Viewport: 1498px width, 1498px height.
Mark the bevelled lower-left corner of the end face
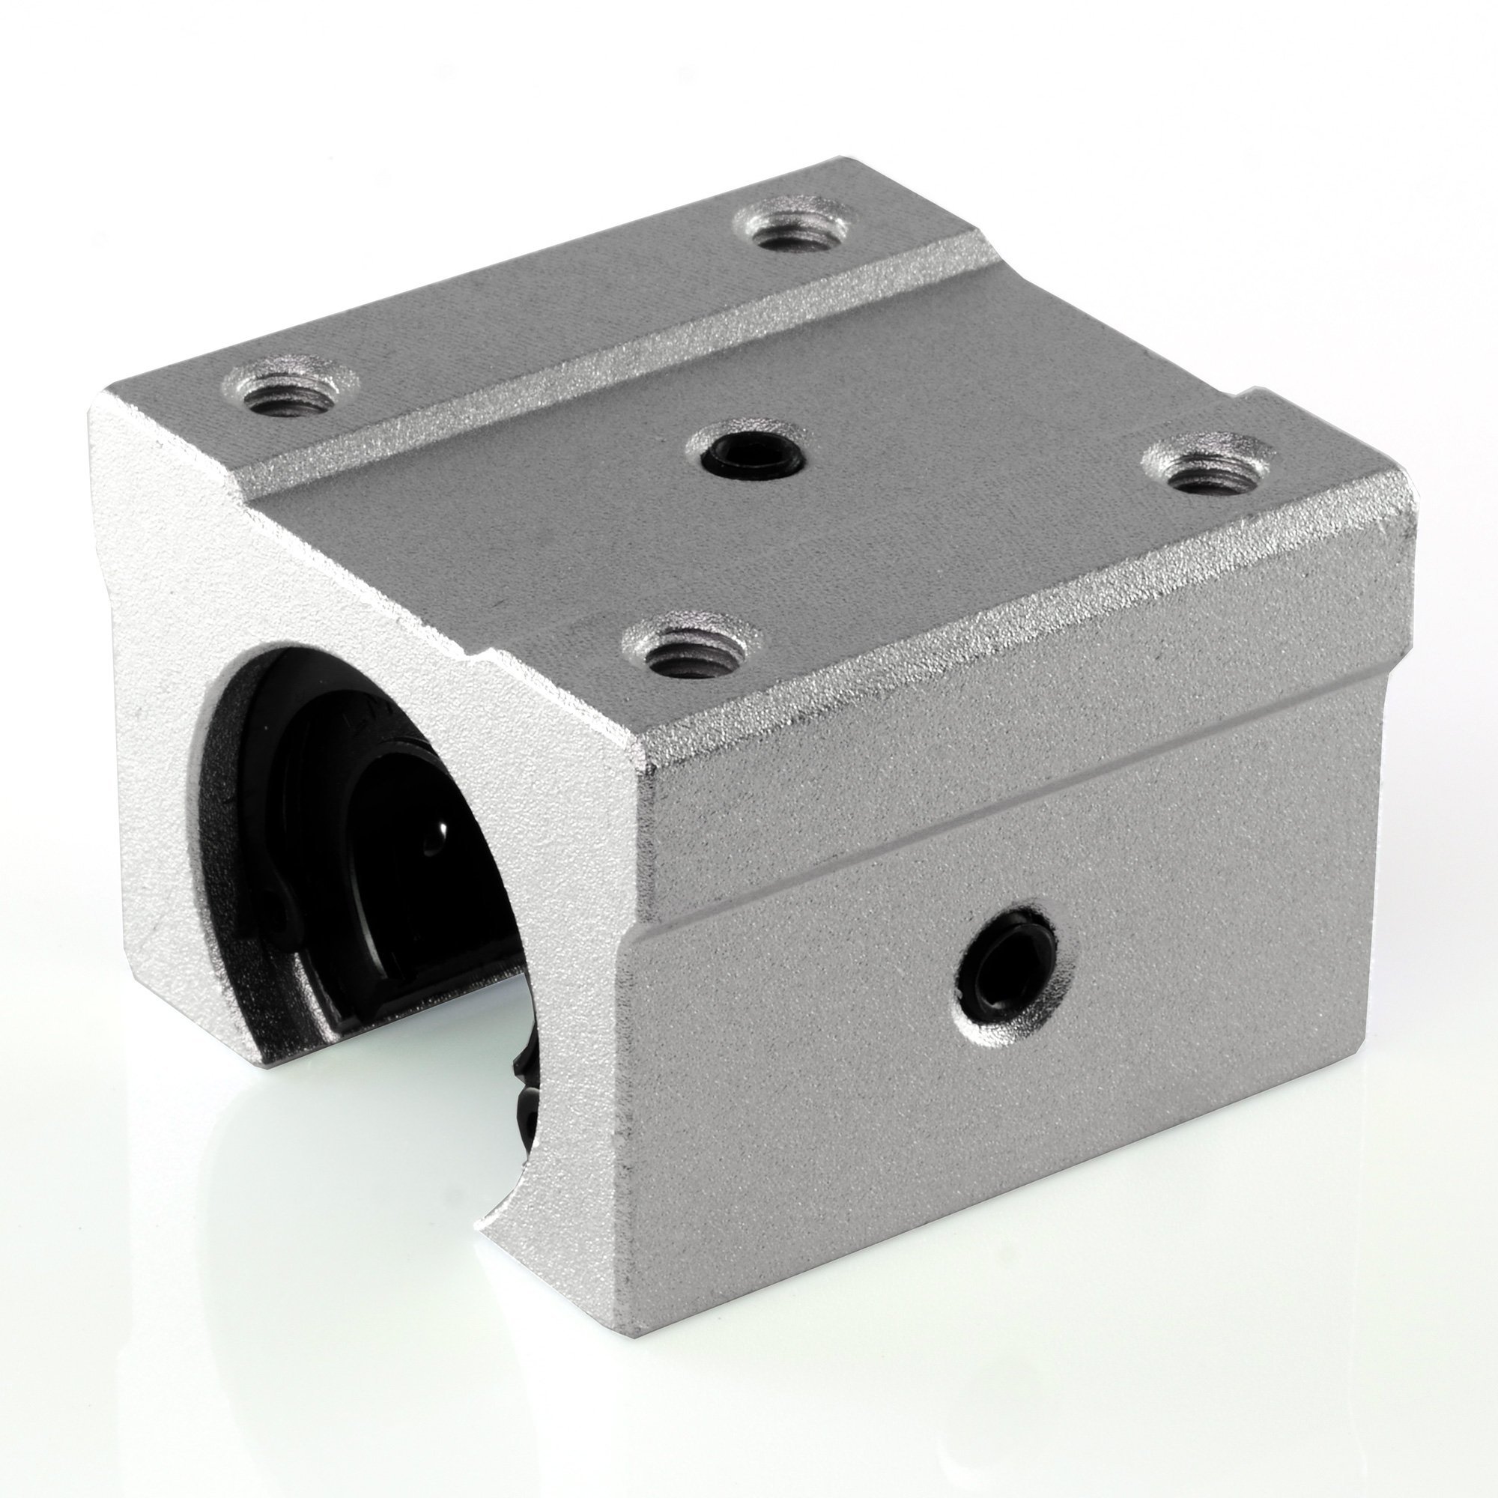(148, 989)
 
